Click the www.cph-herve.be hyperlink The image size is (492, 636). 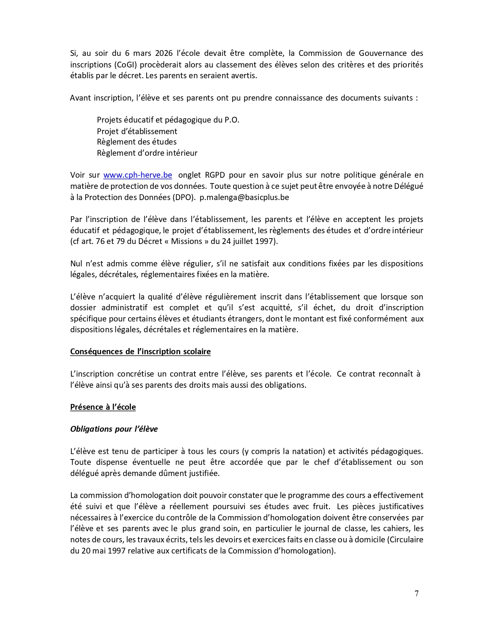[x=137, y=175]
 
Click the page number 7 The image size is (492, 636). [x=416, y=594]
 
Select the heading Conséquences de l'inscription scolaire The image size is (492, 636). [x=140, y=352]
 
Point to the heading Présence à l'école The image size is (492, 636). [x=103, y=407]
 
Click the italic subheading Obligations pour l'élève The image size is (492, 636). [x=114, y=429]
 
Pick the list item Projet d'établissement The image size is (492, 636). [x=137, y=131]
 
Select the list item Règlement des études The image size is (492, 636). [x=137, y=142]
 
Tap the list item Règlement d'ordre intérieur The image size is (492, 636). [x=147, y=153]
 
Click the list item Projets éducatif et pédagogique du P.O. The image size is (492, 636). [x=168, y=120]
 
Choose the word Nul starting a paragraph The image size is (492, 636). [x=76, y=264]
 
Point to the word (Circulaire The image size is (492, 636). [x=405, y=540]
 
